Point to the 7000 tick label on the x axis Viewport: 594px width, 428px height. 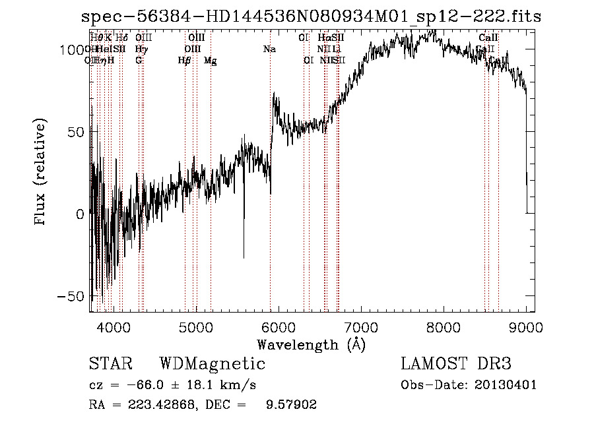pyautogui.click(x=360, y=327)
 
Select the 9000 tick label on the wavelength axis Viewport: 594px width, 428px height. pyautogui.click(x=526, y=327)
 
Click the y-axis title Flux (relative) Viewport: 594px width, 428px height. pyautogui.click(x=41, y=173)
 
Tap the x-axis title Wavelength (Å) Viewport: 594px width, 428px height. pyautogui.click(x=311, y=344)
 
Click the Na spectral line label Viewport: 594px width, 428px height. pyautogui.click(x=269, y=49)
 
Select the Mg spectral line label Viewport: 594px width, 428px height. pyautogui.click(x=210, y=61)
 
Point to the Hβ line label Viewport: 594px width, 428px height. pyautogui.click(x=185, y=61)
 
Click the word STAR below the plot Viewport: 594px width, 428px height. pyautogui.click(x=110, y=364)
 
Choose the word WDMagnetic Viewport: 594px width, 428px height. pyautogui.click(x=213, y=364)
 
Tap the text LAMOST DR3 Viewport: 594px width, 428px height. pyautogui.click(x=456, y=364)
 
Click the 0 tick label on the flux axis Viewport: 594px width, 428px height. pyautogui.click(x=80, y=214)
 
